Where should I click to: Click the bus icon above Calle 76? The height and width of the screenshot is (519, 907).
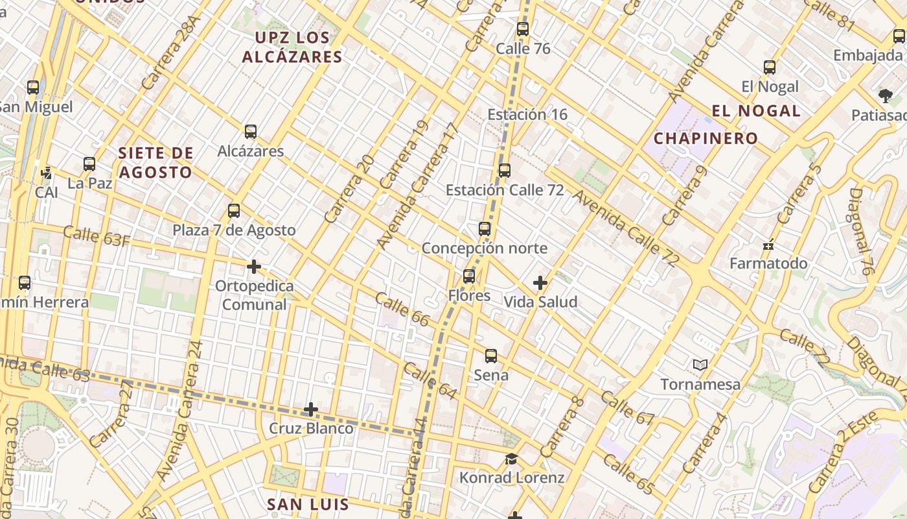tap(523, 29)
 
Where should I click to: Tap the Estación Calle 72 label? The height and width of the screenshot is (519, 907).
tap(504, 190)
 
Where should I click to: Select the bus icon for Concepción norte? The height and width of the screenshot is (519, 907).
tap(485, 229)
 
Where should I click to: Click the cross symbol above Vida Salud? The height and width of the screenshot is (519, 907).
tap(540, 283)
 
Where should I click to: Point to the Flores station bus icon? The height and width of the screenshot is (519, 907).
tap(469, 276)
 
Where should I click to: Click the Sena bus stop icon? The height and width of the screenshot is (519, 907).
tap(491, 356)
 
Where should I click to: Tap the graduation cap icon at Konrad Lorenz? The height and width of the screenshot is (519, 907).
tap(511, 459)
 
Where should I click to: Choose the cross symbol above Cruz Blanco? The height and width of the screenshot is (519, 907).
tap(311, 409)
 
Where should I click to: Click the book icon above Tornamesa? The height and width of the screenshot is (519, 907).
tap(700, 365)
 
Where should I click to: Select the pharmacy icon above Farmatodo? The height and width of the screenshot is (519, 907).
tap(768, 245)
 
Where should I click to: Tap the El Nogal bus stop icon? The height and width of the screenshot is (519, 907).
tap(770, 67)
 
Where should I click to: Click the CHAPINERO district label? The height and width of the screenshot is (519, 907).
tap(706, 138)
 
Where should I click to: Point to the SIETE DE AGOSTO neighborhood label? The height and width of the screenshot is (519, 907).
tap(155, 163)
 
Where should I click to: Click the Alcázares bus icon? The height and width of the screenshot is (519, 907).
tap(251, 132)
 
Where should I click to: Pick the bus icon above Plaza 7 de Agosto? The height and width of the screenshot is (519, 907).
tap(234, 211)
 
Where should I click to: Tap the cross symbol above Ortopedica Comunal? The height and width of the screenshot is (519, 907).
tap(254, 267)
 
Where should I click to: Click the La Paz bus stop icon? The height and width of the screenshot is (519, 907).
tap(89, 164)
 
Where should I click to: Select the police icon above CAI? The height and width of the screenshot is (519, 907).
tap(47, 173)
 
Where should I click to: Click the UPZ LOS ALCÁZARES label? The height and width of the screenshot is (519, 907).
tap(292, 47)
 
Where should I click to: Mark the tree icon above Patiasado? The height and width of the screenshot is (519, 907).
tap(886, 96)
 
